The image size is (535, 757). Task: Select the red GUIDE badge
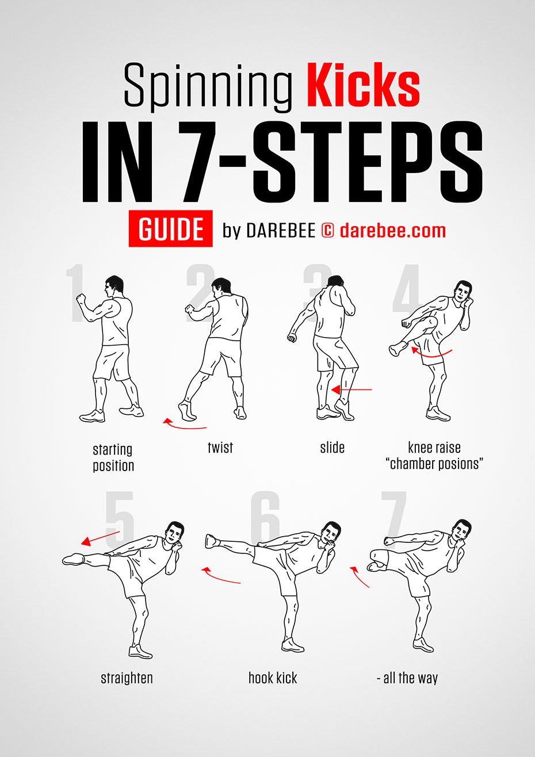coord(170,230)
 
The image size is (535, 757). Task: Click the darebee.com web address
coord(393,231)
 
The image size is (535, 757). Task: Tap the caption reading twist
coord(220,448)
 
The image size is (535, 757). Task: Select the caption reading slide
coord(332,448)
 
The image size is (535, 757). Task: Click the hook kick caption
coord(273,678)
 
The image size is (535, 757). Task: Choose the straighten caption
coord(127,678)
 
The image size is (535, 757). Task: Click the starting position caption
coord(113,457)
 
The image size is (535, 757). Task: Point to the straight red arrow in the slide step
coord(352,390)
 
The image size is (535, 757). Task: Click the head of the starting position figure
coord(114,285)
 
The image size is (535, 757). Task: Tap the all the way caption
coord(407,678)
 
